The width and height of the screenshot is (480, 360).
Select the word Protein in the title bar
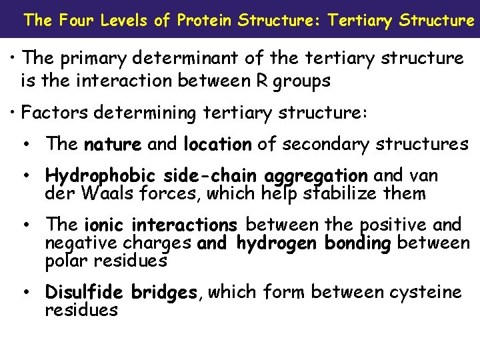(205, 20)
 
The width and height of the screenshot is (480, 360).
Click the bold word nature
(113, 144)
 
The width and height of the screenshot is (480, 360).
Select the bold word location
(217, 144)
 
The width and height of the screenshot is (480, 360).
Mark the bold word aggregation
(315, 176)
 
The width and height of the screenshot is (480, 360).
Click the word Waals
(101, 194)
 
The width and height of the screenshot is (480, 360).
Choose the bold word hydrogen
(277, 243)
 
